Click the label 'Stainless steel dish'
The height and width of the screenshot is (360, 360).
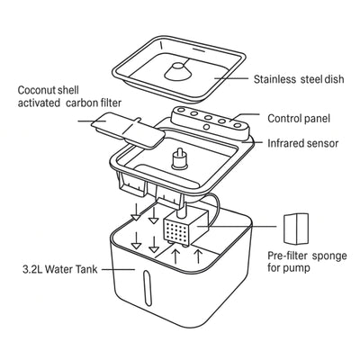point(299,79)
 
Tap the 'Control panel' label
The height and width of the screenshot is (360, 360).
point(299,118)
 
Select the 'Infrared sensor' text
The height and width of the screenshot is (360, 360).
point(302,143)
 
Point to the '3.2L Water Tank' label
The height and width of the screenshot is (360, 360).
point(60,269)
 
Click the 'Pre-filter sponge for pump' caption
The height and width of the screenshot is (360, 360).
point(307,262)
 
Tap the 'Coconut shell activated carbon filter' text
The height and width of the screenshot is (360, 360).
point(69,96)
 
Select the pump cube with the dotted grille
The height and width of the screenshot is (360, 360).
point(185,228)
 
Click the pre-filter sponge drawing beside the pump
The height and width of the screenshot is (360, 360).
point(296,229)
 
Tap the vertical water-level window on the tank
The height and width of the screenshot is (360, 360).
point(146,288)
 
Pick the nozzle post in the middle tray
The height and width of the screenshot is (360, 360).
point(179,158)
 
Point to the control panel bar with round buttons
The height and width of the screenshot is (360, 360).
point(211,121)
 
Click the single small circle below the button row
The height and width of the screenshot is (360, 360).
point(206,127)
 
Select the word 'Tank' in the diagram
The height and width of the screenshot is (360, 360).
point(86,269)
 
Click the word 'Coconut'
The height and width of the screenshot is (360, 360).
point(36,90)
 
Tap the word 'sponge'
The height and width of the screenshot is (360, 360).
point(329,256)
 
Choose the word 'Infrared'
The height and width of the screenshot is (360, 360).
point(284,143)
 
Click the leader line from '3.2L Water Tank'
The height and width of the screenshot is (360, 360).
point(118,269)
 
